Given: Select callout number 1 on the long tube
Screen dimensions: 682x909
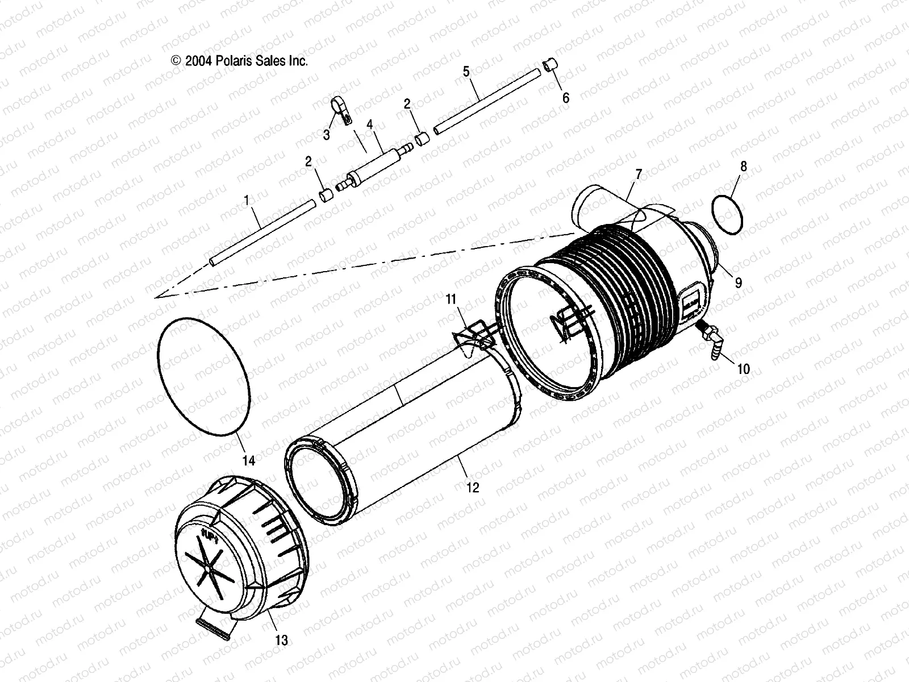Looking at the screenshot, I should click(246, 201).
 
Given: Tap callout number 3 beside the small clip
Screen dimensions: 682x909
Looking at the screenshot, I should click(327, 135).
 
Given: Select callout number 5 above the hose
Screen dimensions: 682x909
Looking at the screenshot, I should click(466, 72).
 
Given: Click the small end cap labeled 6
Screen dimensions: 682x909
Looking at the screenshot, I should click(549, 65).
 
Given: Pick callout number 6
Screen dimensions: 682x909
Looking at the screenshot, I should click(565, 98).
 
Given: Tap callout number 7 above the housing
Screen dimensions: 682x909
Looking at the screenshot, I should click(639, 174).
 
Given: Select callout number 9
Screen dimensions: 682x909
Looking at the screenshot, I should click(738, 282).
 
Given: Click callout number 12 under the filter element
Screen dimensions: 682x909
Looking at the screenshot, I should click(473, 487).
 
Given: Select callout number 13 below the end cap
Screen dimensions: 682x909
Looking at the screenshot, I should click(281, 641).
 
